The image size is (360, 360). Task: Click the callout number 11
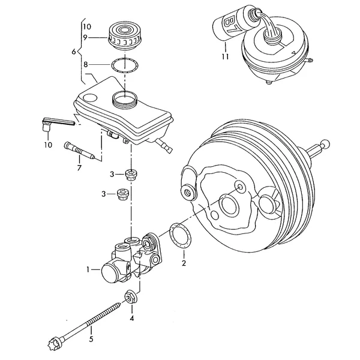(x=226, y=56)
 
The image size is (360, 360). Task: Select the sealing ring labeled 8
(x=124, y=65)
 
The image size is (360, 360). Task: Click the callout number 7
(x=79, y=168)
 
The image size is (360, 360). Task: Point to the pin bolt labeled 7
(x=79, y=151)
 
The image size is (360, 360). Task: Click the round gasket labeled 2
(x=181, y=235)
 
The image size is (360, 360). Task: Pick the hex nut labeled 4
(x=131, y=298)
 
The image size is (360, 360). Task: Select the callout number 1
(x=88, y=269)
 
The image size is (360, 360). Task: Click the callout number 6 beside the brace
(x=74, y=52)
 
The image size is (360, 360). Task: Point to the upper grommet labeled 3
(x=131, y=175)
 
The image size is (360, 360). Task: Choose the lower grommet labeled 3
(x=122, y=194)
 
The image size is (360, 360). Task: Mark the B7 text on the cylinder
(x=230, y=25)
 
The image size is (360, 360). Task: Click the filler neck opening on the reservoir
(x=124, y=99)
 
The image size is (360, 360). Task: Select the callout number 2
(x=184, y=263)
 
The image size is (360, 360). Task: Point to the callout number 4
(x=132, y=318)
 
